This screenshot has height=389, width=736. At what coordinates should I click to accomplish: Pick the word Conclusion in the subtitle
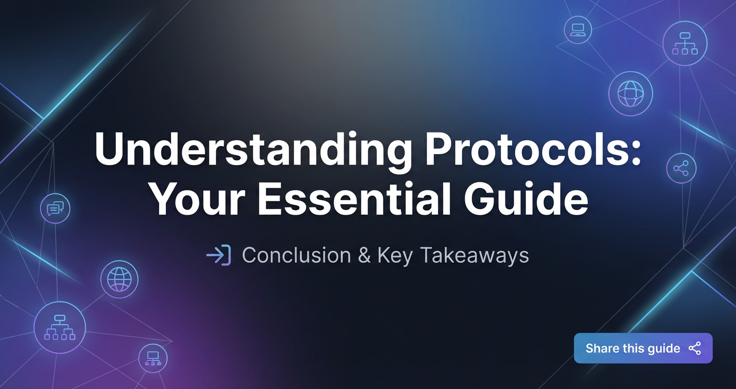[296, 255]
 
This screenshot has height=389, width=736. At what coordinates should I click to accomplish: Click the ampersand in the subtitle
[364, 255]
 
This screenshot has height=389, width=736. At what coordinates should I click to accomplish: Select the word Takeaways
[474, 256]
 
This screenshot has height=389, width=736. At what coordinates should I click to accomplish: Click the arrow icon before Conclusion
[219, 255]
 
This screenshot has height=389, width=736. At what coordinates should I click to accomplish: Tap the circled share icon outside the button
[681, 168]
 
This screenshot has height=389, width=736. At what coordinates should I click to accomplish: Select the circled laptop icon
[578, 30]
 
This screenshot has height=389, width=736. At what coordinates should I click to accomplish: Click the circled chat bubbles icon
[55, 208]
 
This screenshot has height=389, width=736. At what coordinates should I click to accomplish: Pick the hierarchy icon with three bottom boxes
[685, 43]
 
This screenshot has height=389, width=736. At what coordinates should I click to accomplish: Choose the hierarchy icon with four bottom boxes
[60, 327]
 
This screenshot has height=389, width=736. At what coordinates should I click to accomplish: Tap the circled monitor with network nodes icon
[153, 358]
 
